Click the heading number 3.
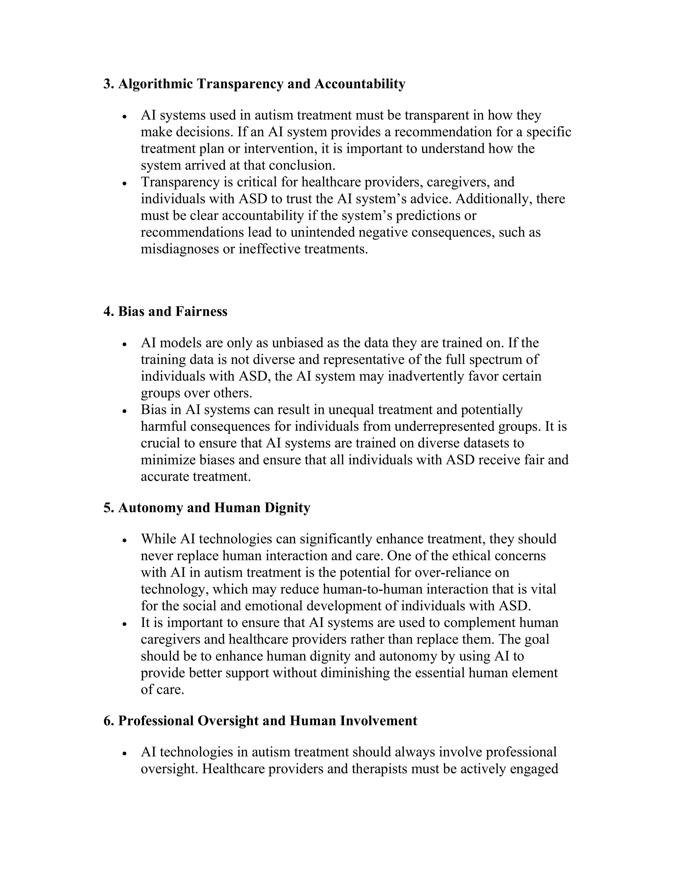108,84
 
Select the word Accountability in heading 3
360,84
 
